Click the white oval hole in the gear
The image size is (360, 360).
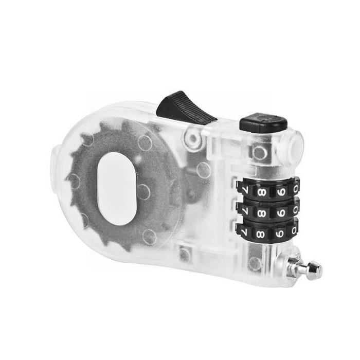point(117,189)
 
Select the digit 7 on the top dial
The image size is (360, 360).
point(244,190)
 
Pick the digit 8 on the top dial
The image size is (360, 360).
point(262,191)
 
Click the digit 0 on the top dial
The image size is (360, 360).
point(295,189)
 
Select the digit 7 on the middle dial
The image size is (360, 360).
point(244,210)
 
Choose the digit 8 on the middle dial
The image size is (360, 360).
point(262,213)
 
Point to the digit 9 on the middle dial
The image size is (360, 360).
point(281,212)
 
